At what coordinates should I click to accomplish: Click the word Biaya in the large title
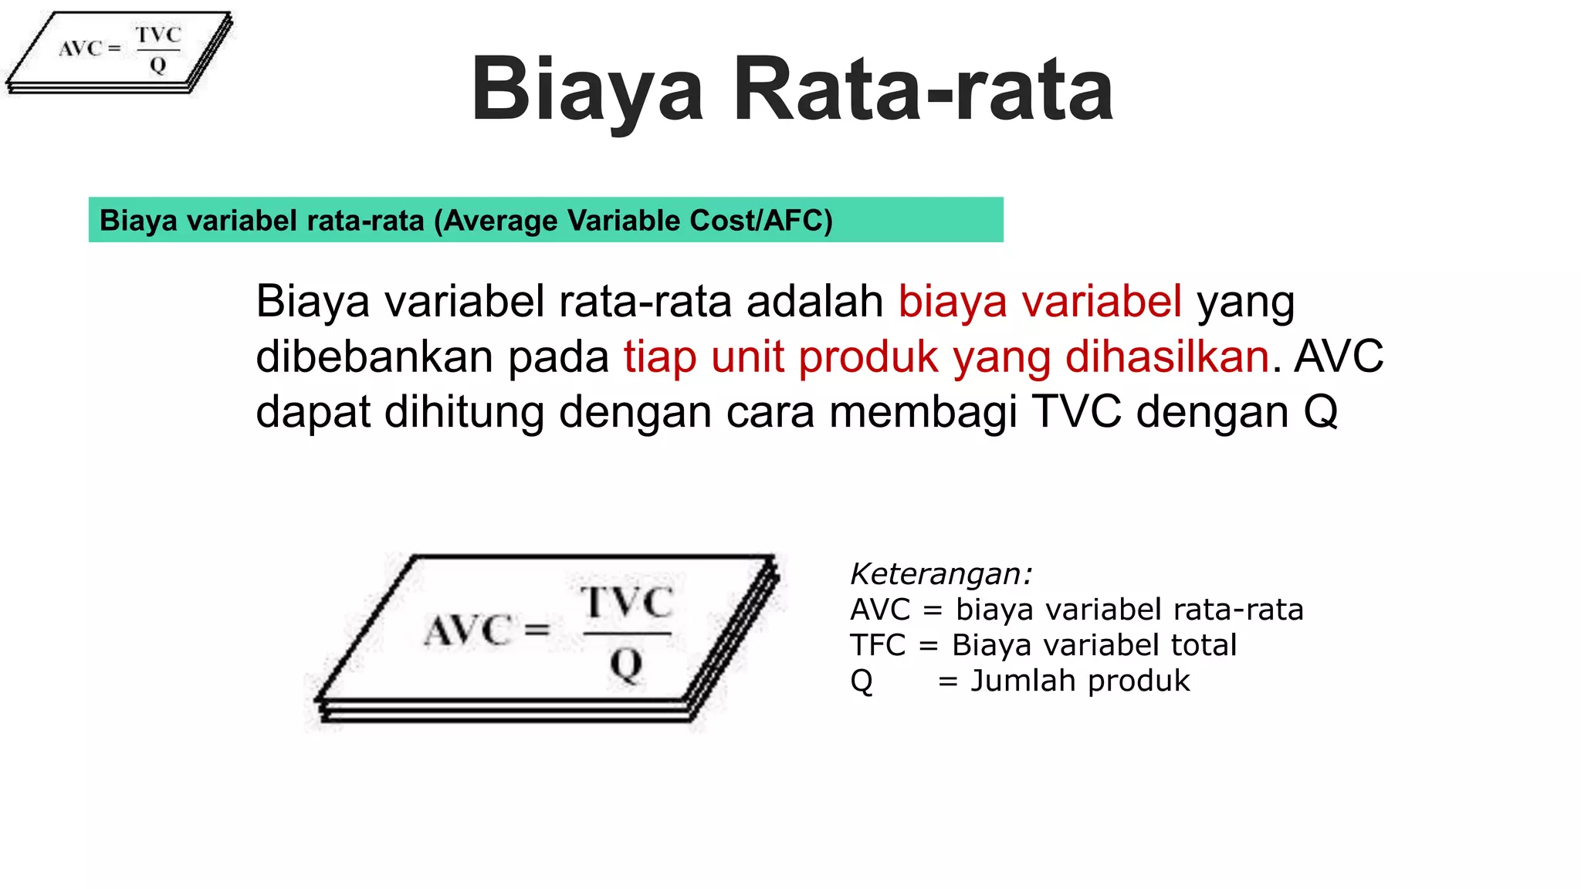click(587, 91)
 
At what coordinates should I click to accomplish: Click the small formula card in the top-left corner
click(120, 51)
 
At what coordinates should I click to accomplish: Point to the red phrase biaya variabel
click(1040, 301)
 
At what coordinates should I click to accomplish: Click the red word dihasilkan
click(1167, 357)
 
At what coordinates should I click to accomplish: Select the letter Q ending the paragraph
click(1321, 411)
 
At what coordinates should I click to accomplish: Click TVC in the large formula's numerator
click(627, 602)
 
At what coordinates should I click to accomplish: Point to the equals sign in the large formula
click(537, 630)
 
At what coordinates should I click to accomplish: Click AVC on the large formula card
click(467, 630)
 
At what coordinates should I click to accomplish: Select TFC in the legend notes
click(878, 645)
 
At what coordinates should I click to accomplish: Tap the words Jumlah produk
click(1080, 681)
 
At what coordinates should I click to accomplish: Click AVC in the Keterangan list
click(880, 610)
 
